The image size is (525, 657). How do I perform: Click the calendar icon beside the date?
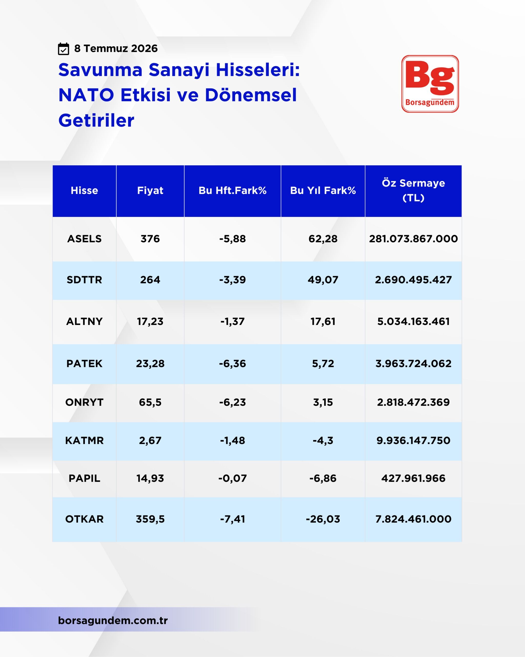pyautogui.click(x=63, y=49)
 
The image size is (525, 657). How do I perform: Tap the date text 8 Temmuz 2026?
pyautogui.click(x=116, y=49)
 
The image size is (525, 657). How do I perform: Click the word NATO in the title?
pyautogui.click(x=86, y=95)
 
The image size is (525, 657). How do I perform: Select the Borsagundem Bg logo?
pyautogui.click(x=430, y=84)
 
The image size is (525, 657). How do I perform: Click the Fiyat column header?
pyautogui.click(x=150, y=190)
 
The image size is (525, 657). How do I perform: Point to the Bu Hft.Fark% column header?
pyautogui.click(x=232, y=190)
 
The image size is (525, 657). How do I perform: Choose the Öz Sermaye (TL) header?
pyautogui.click(x=413, y=190)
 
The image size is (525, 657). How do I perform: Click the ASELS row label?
pyautogui.click(x=84, y=239)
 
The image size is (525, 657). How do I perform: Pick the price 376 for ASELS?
pyautogui.click(x=150, y=239)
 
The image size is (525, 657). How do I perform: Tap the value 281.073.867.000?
pyautogui.click(x=413, y=239)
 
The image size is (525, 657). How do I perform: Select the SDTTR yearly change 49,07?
pyautogui.click(x=323, y=280)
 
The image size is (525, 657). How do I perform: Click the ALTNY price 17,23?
pyautogui.click(x=150, y=322)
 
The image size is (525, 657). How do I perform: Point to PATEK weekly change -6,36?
pyautogui.click(x=232, y=364)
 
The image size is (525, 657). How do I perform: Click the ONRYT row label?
pyautogui.click(x=84, y=402)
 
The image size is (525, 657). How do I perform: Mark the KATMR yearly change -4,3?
pyautogui.click(x=323, y=440)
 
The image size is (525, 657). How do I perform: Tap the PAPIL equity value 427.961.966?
pyautogui.click(x=413, y=478)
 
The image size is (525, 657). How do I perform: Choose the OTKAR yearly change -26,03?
pyautogui.click(x=323, y=519)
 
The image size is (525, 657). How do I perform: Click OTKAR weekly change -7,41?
pyautogui.click(x=232, y=519)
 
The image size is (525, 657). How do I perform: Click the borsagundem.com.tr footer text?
pyautogui.click(x=113, y=621)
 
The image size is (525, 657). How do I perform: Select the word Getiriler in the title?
pyautogui.click(x=96, y=120)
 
